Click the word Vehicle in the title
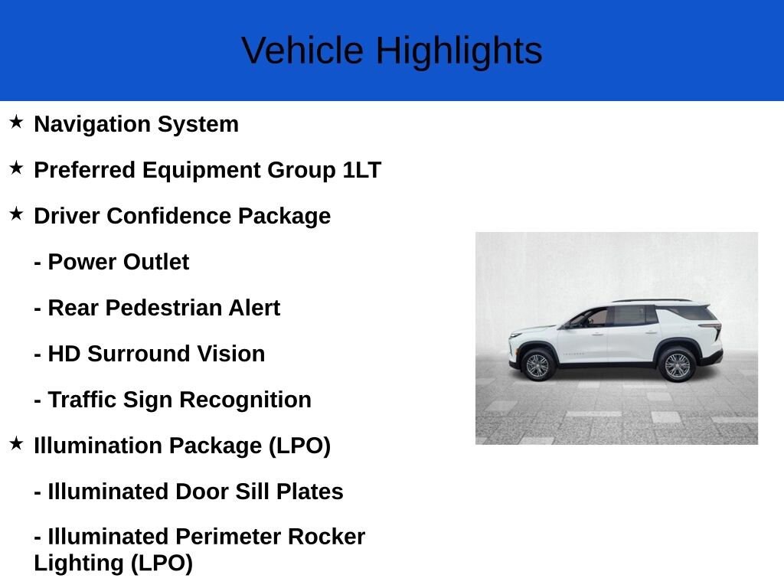[x=302, y=50]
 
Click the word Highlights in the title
[x=459, y=51]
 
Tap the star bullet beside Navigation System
[x=16, y=122]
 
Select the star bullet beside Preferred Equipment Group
[x=16, y=168]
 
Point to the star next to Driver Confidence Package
[x=16, y=214]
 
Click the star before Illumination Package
[x=16, y=443]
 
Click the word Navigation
[x=92, y=125]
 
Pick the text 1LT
[x=362, y=170]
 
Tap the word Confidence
[x=168, y=216]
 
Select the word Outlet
[x=156, y=262]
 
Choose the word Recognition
[x=245, y=400]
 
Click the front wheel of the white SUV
[x=537, y=365]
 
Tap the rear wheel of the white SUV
[x=677, y=365]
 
